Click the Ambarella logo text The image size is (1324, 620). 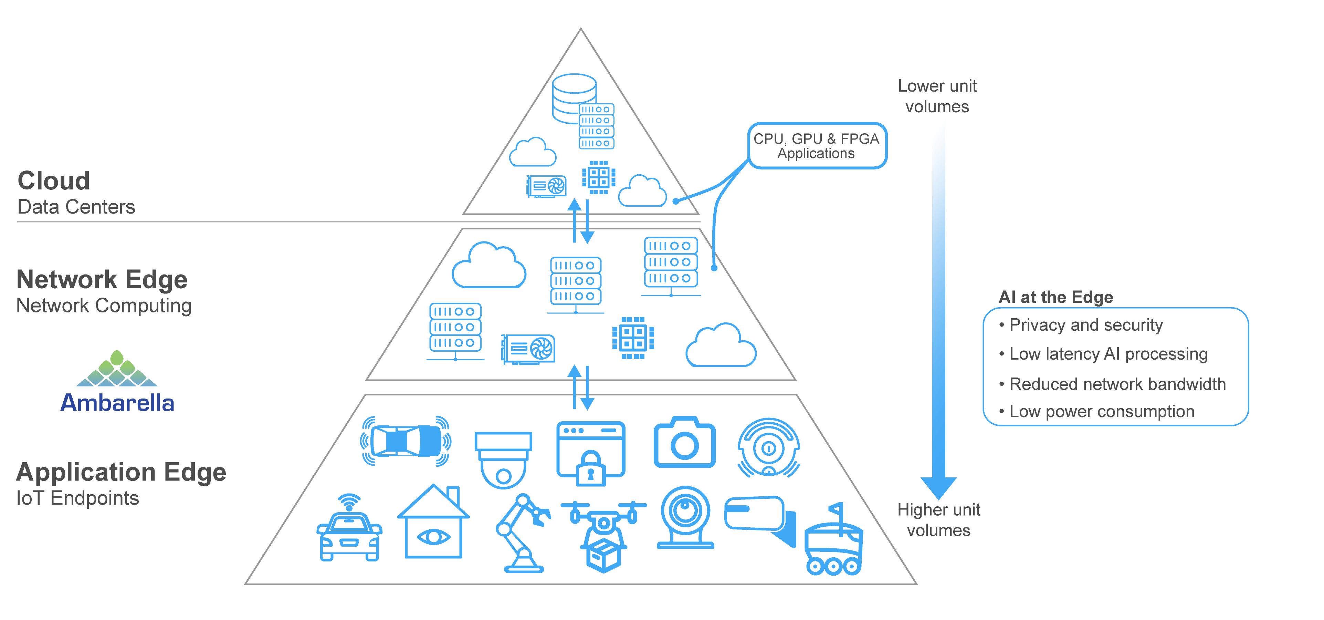pyautogui.click(x=117, y=403)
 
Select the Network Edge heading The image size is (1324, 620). pyautogui.click(x=102, y=280)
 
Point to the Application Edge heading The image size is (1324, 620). pyautogui.click(x=121, y=472)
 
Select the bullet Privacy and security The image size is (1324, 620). pyautogui.click(x=1085, y=325)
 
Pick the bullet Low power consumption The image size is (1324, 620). pyautogui.click(x=1102, y=411)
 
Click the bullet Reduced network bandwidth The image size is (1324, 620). pyautogui.click(x=1117, y=384)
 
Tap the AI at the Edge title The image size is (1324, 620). pyautogui.click(x=1056, y=297)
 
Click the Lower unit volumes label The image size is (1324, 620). pyautogui.click(x=937, y=96)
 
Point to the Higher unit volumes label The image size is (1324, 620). pyautogui.click(x=938, y=520)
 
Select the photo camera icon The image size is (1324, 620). pyautogui.click(x=684, y=443)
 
